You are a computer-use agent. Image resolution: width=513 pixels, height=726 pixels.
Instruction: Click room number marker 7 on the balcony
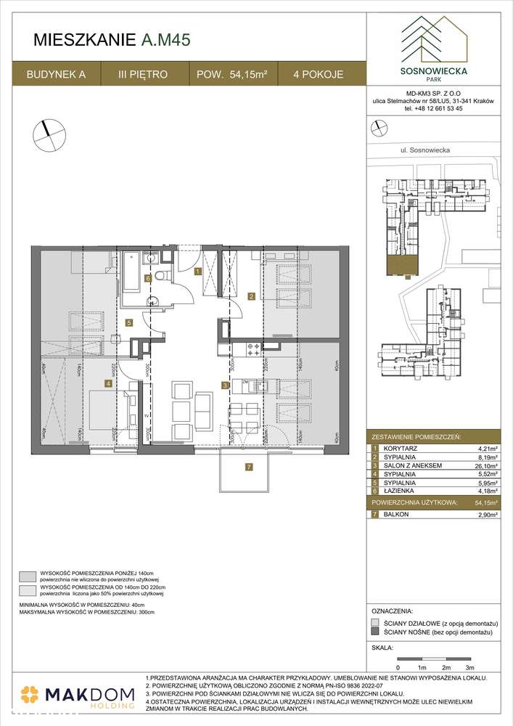pyautogui.click(x=248, y=466)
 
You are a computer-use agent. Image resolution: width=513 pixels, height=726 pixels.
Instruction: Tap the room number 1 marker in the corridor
pyautogui.click(x=197, y=272)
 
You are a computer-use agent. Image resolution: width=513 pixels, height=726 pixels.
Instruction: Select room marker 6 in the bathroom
pyautogui.click(x=147, y=278)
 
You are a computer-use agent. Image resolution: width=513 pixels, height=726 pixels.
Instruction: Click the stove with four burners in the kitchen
pyautogui.click(x=253, y=350)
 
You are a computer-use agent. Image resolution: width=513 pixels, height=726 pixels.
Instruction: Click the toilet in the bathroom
pyautogui.click(x=164, y=276)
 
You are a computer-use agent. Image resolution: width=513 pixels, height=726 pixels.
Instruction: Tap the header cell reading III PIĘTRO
pyautogui.click(x=144, y=74)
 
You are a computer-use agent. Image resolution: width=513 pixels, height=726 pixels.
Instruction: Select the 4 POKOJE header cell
pyautogui.click(x=318, y=74)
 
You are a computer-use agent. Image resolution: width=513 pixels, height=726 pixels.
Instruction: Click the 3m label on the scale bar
pyautogui.click(x=469, y=666)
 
